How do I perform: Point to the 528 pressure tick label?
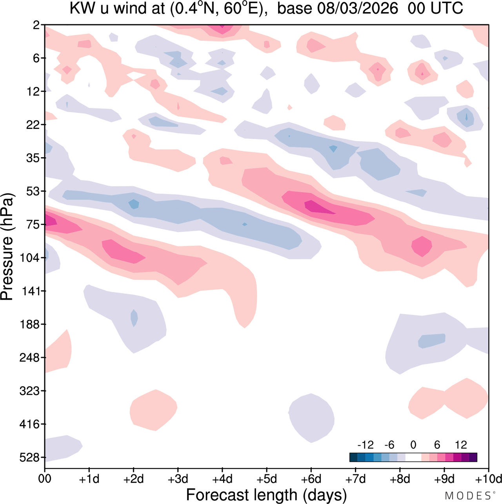point(30,457)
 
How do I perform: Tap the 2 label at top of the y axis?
point(36,25)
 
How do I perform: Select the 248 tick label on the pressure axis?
point(30,358)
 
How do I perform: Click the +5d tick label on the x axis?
point(267,479)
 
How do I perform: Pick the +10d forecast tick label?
point(488,479)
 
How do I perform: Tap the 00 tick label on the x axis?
point(45,479)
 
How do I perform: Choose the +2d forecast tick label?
point(134,479)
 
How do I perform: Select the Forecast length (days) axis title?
point(266,495)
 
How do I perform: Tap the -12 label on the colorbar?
point(366,445)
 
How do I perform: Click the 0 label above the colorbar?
point(413,445)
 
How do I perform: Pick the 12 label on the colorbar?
point(461,445)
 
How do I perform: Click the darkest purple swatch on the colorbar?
point(473,457)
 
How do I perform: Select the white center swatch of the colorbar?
point(413,457)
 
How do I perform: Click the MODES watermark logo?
point(469,496)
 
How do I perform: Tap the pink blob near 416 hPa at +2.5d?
point(154,410)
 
